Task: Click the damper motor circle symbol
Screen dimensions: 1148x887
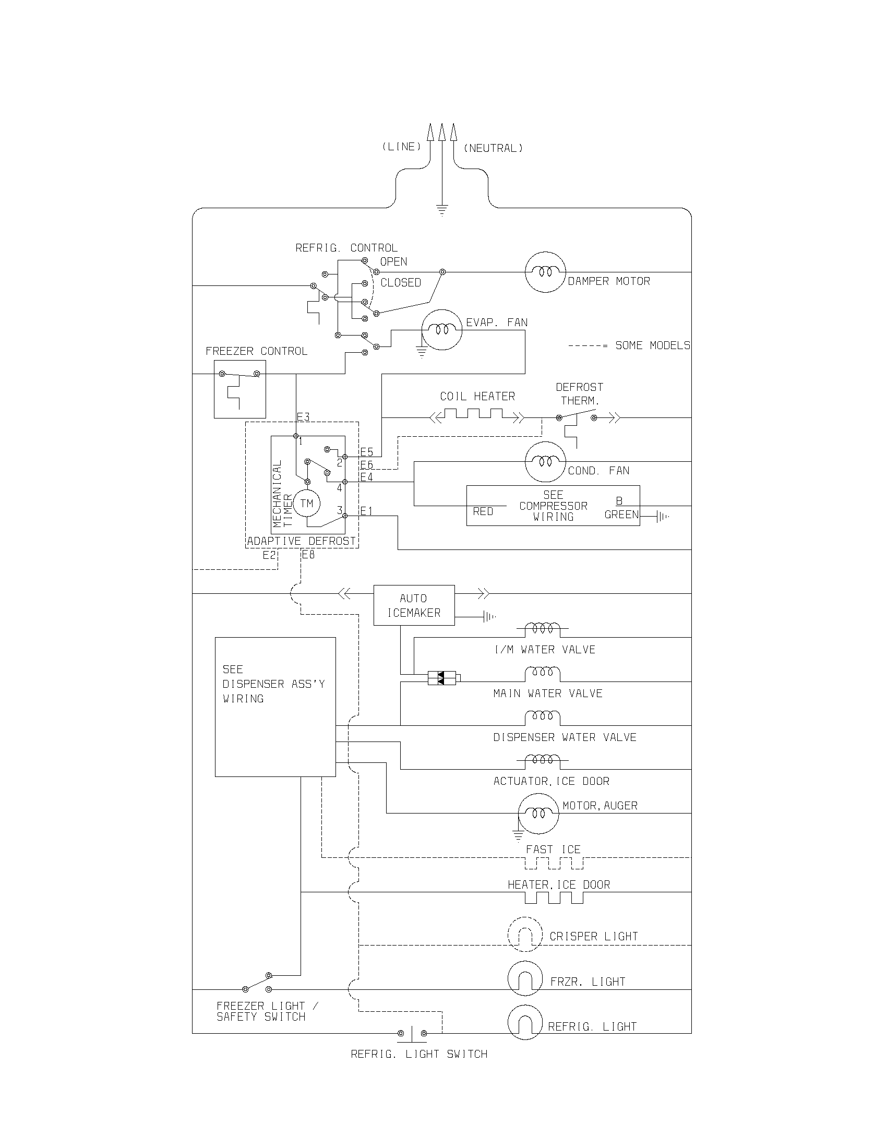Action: click(x=545, y=272)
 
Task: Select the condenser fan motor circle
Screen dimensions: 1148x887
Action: click(x=545, y=461)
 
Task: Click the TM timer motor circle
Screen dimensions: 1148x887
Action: click(x=306, y=504)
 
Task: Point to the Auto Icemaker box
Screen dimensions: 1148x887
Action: click(x=414, y=605)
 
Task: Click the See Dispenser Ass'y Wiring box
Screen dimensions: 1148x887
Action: click(x=275, y=707)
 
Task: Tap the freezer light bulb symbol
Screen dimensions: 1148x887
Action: click(x=524, y=979)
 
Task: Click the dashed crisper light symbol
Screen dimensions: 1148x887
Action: click(x=524, y=935)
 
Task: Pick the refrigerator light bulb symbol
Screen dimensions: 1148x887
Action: click(x=524, y=1023)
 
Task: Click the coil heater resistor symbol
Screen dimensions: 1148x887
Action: click(x=477, y=415)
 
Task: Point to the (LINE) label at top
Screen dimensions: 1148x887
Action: click(x=401, y=147)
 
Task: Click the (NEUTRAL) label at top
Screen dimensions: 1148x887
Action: click(x=493, y=148)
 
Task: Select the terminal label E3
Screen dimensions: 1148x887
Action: click(x=303, y=417)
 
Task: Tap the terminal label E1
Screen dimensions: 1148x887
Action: click(x=366, y=511)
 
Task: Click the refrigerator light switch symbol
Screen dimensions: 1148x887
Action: click(x=412, y=1033)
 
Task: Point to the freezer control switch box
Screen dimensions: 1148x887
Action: click(x=239, y=389)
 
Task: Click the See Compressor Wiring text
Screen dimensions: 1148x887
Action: click(x=553, y=506)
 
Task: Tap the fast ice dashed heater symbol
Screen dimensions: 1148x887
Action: click(x=554, y=863)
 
